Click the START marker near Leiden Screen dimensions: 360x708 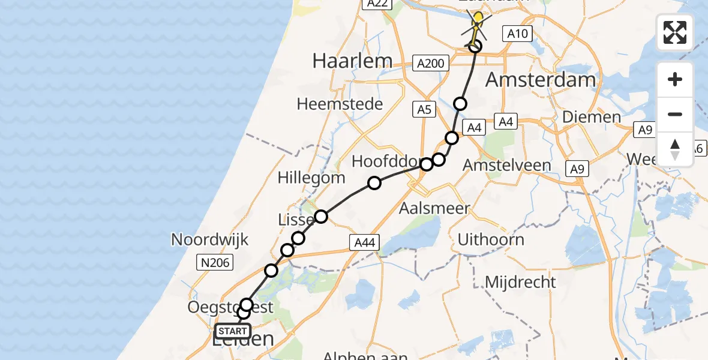tap(233, 331)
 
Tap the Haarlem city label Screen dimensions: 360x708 tap(352, 61)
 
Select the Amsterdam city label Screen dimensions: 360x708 tap(541, 79)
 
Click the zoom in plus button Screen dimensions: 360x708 tap(675, 80)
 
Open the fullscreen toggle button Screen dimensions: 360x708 tap(675, 32)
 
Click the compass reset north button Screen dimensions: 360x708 tap(675, 149)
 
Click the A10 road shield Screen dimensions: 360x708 tap(517, 34)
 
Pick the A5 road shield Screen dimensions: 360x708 tap(424, 109)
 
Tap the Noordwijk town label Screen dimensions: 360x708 tap(209, 239)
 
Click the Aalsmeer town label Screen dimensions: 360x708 tap(435, 209)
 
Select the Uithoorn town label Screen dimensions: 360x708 tap(491, 239)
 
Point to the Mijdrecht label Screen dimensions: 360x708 tap(520, 281)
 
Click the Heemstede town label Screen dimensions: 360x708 tap(340, 104)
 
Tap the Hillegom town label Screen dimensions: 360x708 tap(311, 178)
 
